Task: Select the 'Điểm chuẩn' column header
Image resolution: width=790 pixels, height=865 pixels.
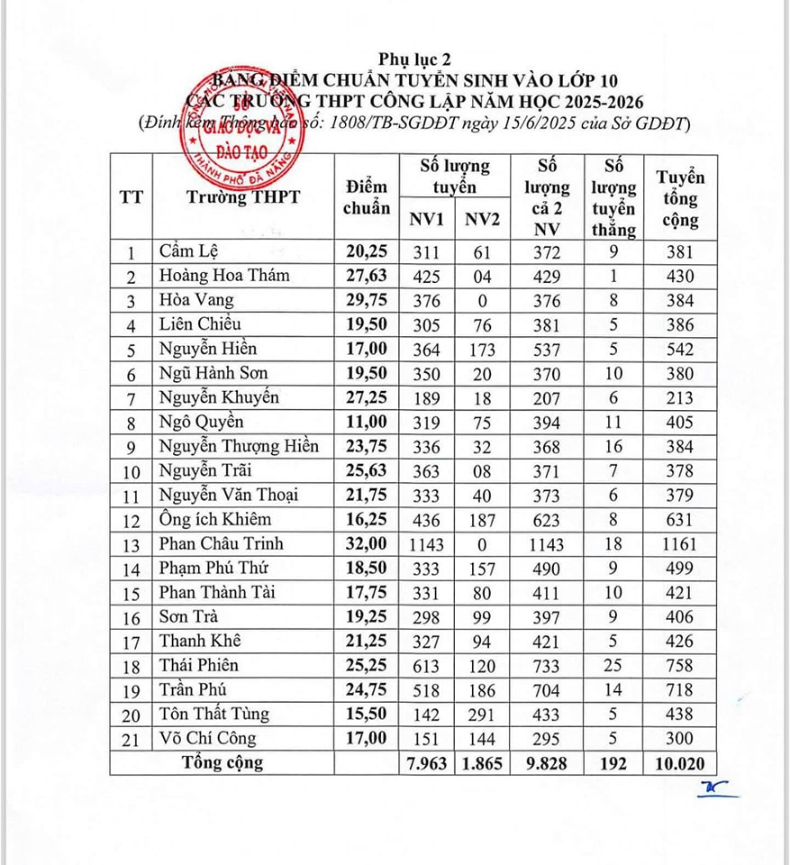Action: point(367,196)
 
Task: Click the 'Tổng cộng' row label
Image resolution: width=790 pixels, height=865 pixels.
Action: point(222,763)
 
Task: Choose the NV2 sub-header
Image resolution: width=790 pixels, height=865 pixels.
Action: point(484,220)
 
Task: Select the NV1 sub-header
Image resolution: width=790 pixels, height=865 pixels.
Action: point(428,220)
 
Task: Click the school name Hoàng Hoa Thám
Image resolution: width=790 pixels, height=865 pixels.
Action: point(224,276)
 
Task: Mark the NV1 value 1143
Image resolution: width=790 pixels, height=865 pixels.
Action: point(427,544)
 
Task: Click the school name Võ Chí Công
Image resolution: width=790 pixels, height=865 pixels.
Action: point(207,739)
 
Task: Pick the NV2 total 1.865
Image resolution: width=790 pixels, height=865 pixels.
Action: point(484,764)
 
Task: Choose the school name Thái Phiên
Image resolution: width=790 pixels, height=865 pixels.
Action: point(201,665)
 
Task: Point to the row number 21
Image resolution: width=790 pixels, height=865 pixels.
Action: point(132,739)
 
